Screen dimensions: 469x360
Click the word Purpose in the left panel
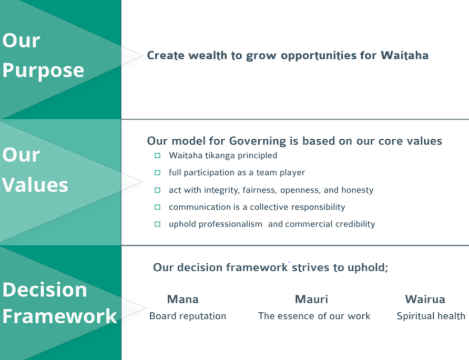(x=43, y=71)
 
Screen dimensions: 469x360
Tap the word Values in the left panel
(x=35, y=185)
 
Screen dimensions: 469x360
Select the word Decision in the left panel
(x=45, y=290)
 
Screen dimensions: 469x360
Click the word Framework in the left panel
(x=59, y=316)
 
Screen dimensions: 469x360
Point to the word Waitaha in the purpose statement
(x=404, y=55)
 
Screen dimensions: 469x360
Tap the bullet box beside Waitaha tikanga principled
(x=157, y=156)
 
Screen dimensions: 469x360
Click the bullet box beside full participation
(x=157, y=172)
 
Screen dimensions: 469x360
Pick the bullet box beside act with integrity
(x=157, y=190)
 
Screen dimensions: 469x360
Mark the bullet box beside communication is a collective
(x=157, y=207)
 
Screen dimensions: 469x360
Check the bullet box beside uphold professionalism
(x=157, y=224)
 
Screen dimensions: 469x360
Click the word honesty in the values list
(x=358, y=190)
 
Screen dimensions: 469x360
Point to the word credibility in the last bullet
(x=355, y=224)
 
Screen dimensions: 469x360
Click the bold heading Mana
(x=183, y=300)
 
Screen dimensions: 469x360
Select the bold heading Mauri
(x=311, y=300)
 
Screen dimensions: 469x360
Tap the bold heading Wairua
(x=425, y=300)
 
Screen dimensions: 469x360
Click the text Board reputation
(x=188, y=316)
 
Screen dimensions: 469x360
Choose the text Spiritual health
(x=431, y=316)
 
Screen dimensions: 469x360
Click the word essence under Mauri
(x=299, y=316)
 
